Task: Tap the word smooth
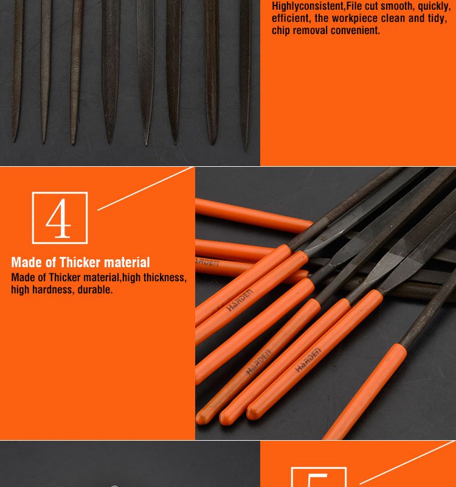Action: pyautogui.click(x=395, y=6)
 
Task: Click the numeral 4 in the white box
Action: pyautogui.click(x=58, y=218)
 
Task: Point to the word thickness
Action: pyautogui.click(x=165, y=278)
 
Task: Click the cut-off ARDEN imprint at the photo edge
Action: pyautogui.click(x=207, y=262)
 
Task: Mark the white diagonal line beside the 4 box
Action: pyautogui.click(x=145, y=189)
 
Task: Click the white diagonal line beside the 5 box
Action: pyautogui.click(x=407, y=462)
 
